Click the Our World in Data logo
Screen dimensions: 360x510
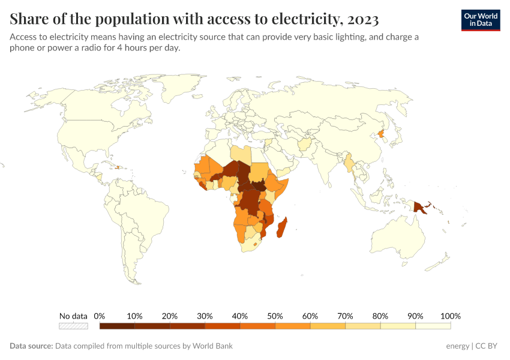click(480, 20)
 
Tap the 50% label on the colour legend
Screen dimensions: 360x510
click(275, 316)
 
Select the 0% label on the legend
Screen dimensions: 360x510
click(100, 316)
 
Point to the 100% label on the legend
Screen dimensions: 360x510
click(450, 316)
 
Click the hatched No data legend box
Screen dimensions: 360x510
click(73, 326)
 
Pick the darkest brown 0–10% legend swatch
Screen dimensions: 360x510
click(117, 326)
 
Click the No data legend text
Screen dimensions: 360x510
click(73, 316)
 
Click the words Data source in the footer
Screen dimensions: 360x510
click(31, 346)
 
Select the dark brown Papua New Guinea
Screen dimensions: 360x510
click(420, 208)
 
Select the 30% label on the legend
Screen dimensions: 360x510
click(205, 316)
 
